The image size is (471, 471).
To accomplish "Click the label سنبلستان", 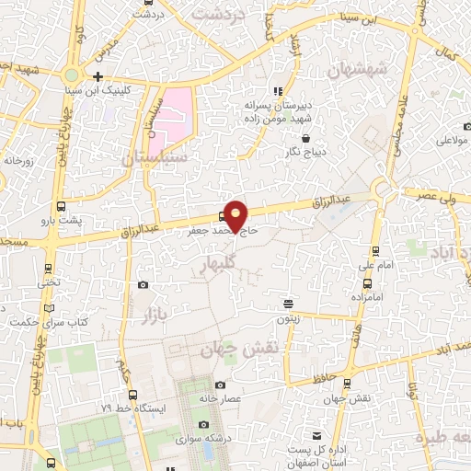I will (x=154, y=158).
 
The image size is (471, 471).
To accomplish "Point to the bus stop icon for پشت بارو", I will (x=61, y=207).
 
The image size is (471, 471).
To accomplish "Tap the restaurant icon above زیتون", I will (x=288, y=303).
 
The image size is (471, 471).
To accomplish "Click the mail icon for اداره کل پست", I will (x=317, y=436).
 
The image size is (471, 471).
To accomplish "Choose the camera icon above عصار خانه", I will (x=220, y=385).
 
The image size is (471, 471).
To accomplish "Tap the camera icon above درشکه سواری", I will (x=203, y=424).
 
